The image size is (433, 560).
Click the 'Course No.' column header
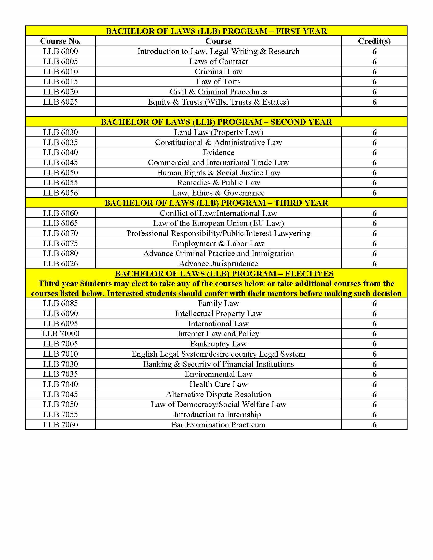60,41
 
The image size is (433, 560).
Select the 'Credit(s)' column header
374,41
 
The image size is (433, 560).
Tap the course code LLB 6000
60,51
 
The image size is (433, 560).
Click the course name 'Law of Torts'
218,81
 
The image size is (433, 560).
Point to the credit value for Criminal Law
374,72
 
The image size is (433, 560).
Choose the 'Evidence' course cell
218,152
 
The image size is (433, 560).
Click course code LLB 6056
60,193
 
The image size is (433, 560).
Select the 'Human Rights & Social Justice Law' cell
218,173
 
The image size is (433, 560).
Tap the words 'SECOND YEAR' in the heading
301,122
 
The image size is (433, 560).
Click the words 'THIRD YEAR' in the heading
301,203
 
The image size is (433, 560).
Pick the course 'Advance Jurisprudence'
218,264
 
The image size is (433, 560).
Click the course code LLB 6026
60,264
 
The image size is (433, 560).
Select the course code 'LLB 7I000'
61,334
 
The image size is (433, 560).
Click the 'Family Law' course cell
218,303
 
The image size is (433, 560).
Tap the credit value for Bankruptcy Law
374,344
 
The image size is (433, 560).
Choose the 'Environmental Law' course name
218,374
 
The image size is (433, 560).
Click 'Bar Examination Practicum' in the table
218,425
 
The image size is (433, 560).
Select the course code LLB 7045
60,394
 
